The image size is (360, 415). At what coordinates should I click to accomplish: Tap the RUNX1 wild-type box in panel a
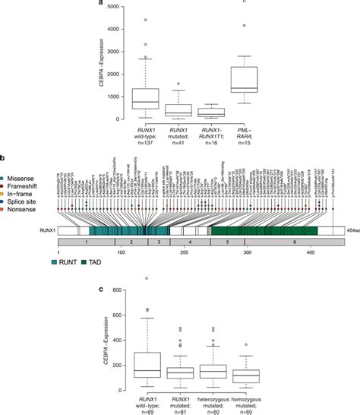tap(144, 98)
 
